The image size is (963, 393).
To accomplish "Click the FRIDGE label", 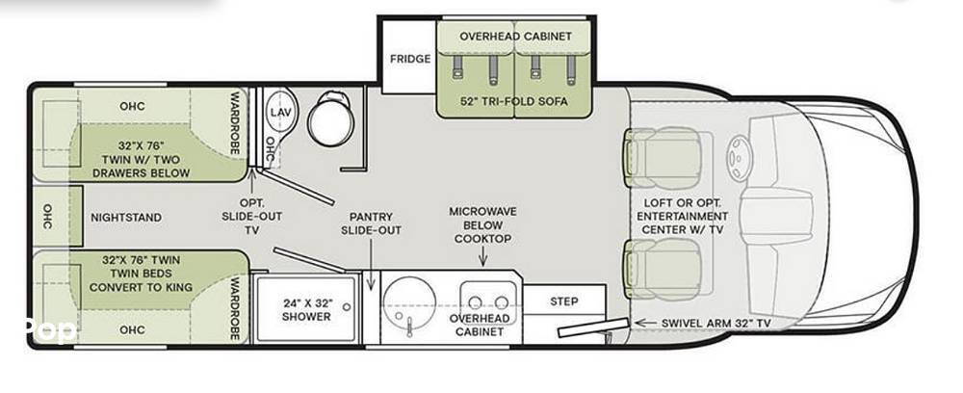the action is (x=410, y=59).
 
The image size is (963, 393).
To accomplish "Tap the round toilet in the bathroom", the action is (x=331, y=118).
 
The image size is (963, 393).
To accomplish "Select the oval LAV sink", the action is (x=280, y=113).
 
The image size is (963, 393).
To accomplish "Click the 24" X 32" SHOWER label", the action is (x=307, y=309).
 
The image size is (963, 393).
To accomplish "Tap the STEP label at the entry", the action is (x=563, y=301).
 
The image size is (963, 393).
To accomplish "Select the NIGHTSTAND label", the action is (x=126, y=218).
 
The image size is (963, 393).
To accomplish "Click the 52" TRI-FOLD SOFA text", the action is (x=514, y=101).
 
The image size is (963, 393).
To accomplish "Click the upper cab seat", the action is (x=664, y=158).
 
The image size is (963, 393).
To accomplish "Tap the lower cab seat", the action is (x=664, y=269).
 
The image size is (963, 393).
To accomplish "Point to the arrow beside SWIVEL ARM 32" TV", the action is (x=645, y=323).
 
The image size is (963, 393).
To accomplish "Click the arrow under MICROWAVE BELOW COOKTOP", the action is (x=483, y=257).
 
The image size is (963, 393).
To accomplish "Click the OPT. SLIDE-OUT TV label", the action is (x=251, y=217).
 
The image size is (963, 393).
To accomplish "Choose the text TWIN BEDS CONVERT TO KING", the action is (x=141, y=279).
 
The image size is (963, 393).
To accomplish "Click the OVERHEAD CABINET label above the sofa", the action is (x=516, y=37).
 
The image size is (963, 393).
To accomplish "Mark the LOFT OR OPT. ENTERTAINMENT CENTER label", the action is (x=683, y=216).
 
